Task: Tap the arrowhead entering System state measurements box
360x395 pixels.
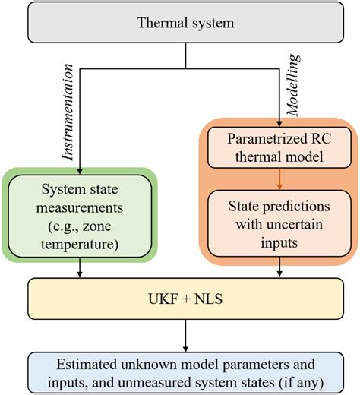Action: (x=79, y=172)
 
